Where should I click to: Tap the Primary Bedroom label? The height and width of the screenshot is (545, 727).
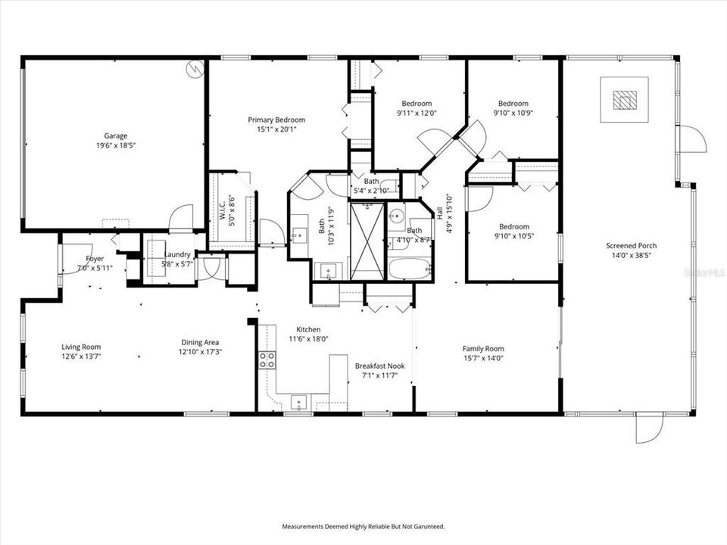[276, 120]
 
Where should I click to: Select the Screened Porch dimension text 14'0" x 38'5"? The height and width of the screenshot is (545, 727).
[631, 256]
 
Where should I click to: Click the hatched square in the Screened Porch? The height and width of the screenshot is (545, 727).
[624, 100]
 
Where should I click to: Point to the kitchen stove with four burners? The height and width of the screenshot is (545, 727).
[267, 360]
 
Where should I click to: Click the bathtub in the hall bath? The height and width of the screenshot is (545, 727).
[410, 269]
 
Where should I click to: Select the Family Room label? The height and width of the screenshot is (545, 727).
[483, 349]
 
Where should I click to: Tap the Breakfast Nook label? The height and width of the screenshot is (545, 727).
[379, 366]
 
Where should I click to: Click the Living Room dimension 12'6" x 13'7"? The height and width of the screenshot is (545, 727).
[81, 358]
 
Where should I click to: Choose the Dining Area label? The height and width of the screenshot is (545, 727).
[201, 341]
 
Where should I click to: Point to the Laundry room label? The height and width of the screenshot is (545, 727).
[177, 254]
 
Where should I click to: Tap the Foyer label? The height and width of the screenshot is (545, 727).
[95, 259]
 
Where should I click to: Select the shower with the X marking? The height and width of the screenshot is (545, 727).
[367, 240]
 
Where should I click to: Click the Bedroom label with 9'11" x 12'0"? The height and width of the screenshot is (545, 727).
[417, 104]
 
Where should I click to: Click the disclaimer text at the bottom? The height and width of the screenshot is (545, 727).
[363, 526]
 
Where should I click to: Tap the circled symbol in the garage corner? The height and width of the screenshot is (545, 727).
[195, 69]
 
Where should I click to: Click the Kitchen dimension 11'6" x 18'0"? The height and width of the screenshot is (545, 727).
[308, 340]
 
